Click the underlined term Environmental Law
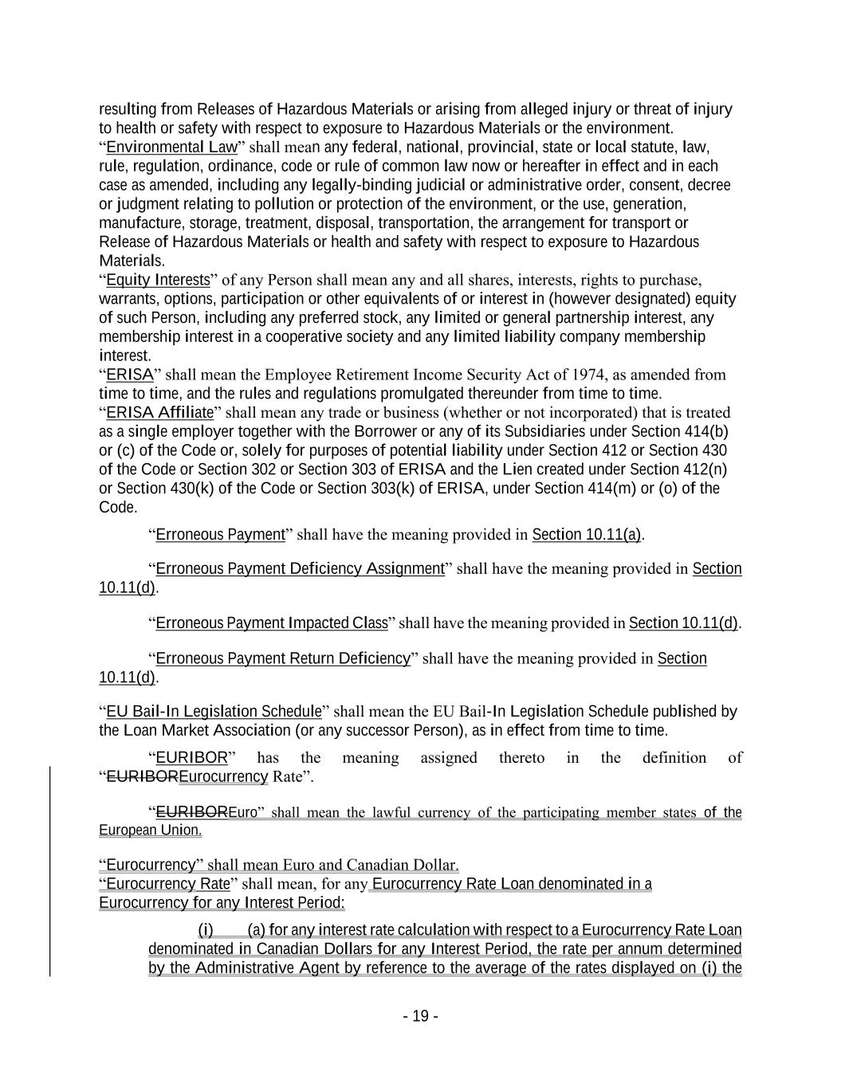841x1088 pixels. pos(171,147)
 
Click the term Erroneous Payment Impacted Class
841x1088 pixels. pos(271,623)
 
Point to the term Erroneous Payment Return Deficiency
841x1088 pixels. pos(282,658)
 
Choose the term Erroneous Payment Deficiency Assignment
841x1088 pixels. pos(299,568)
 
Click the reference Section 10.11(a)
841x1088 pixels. pos(587,534)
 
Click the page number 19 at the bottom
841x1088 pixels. pos(420,1016)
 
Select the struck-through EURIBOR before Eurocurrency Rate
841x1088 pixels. pos(143,776)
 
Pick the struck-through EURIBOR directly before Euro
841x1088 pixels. pos(191,812)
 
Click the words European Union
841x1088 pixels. pos(150,831)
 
